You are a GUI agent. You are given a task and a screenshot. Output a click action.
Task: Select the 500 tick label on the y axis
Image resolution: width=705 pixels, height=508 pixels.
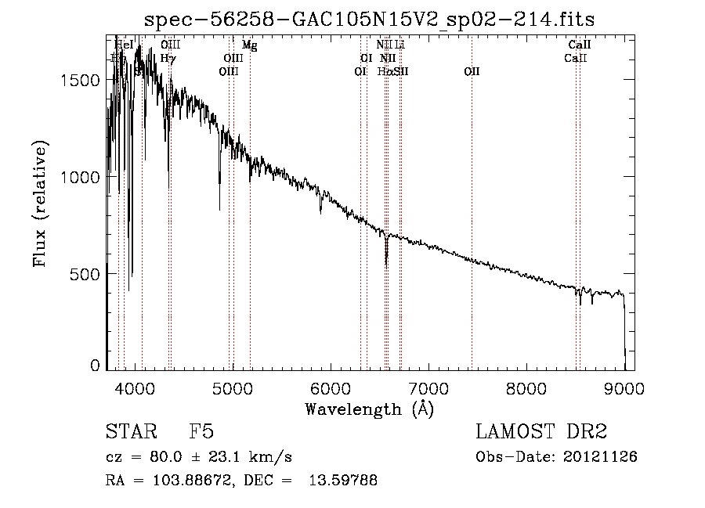pyautogui.click(x=89, y=274)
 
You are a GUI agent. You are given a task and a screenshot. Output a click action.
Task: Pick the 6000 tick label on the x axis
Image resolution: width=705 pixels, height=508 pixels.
pyautogui.click(x=331, y=387)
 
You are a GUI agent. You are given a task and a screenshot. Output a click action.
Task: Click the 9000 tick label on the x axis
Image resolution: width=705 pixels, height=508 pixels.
pyautogui.click(x=624, y=387)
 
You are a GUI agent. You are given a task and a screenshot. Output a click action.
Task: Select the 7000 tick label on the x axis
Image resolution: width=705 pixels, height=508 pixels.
pyautogui.click(x=428, y=387)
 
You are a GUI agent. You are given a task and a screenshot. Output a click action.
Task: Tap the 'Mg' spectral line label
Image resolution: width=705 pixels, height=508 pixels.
pyautogui.click(x=249, y=45)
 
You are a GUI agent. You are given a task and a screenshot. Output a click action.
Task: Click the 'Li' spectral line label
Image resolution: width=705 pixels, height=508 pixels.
pyautogui.click(x=399, y=45)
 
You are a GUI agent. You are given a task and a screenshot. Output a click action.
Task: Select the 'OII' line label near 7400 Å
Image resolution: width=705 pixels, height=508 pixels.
pyautogui.click(x=472, y=71)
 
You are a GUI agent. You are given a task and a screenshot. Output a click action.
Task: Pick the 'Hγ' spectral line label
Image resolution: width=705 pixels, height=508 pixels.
pyautogui.click(x=168, y=58)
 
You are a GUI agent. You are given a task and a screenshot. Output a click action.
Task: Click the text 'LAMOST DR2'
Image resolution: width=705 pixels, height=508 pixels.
pyautogui.click(x=541, y=432)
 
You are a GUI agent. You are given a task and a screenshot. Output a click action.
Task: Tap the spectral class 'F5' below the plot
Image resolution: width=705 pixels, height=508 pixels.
pyautogui.click(x=201, y=432)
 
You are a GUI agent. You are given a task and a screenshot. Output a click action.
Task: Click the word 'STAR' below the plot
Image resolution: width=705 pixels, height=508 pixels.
pyautogui.click(x=128, y=432)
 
